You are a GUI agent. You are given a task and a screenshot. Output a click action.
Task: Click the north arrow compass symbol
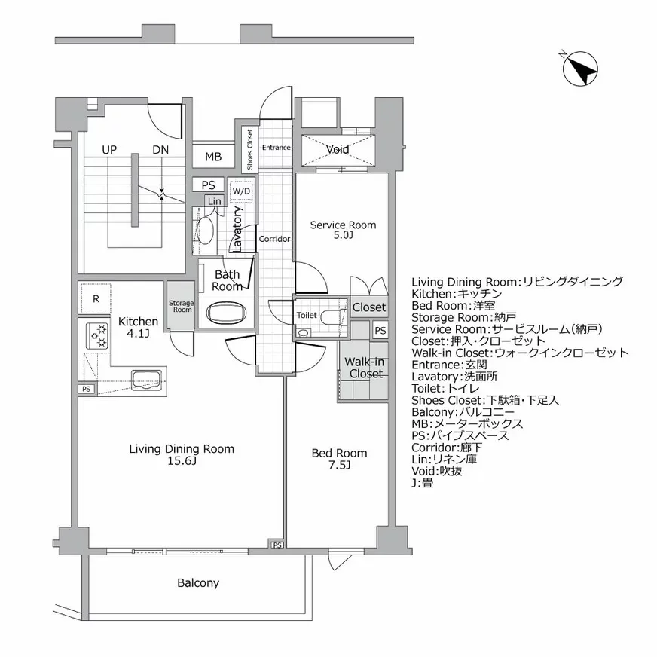coord(579,69)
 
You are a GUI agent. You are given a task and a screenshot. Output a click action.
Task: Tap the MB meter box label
coord(213,157)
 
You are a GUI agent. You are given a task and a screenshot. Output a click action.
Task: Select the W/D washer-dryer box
coord(241,191)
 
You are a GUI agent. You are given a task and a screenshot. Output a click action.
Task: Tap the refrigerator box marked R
coord(96,298)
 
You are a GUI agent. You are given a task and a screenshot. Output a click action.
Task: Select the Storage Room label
coord(181,306)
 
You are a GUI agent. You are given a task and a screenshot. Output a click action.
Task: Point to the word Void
coord(338,150)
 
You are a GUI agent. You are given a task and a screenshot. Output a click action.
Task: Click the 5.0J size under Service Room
coord(343,236)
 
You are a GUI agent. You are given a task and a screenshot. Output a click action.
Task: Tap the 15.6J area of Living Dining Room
coord(182,461)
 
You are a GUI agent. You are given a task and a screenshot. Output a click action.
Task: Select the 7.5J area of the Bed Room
coord(340,465)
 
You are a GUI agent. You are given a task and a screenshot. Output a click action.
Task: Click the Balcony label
coord(198,582)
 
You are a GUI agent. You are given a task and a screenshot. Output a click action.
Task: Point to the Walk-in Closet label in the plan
coord(365,368)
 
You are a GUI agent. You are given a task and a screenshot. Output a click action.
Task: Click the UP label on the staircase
coord(109,150)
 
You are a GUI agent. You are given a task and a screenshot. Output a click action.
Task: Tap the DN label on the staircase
coord(160,150)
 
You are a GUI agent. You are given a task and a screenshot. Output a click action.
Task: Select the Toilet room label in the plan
coord(307,315)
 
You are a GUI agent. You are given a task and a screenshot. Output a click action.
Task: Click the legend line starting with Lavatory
coord(466,376)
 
